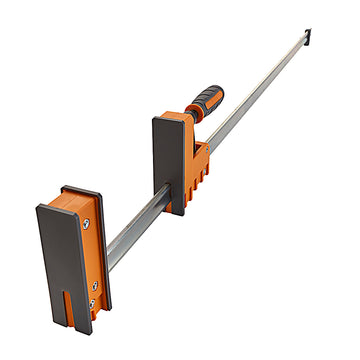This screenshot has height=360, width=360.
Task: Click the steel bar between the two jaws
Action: click(x=135, y=220)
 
